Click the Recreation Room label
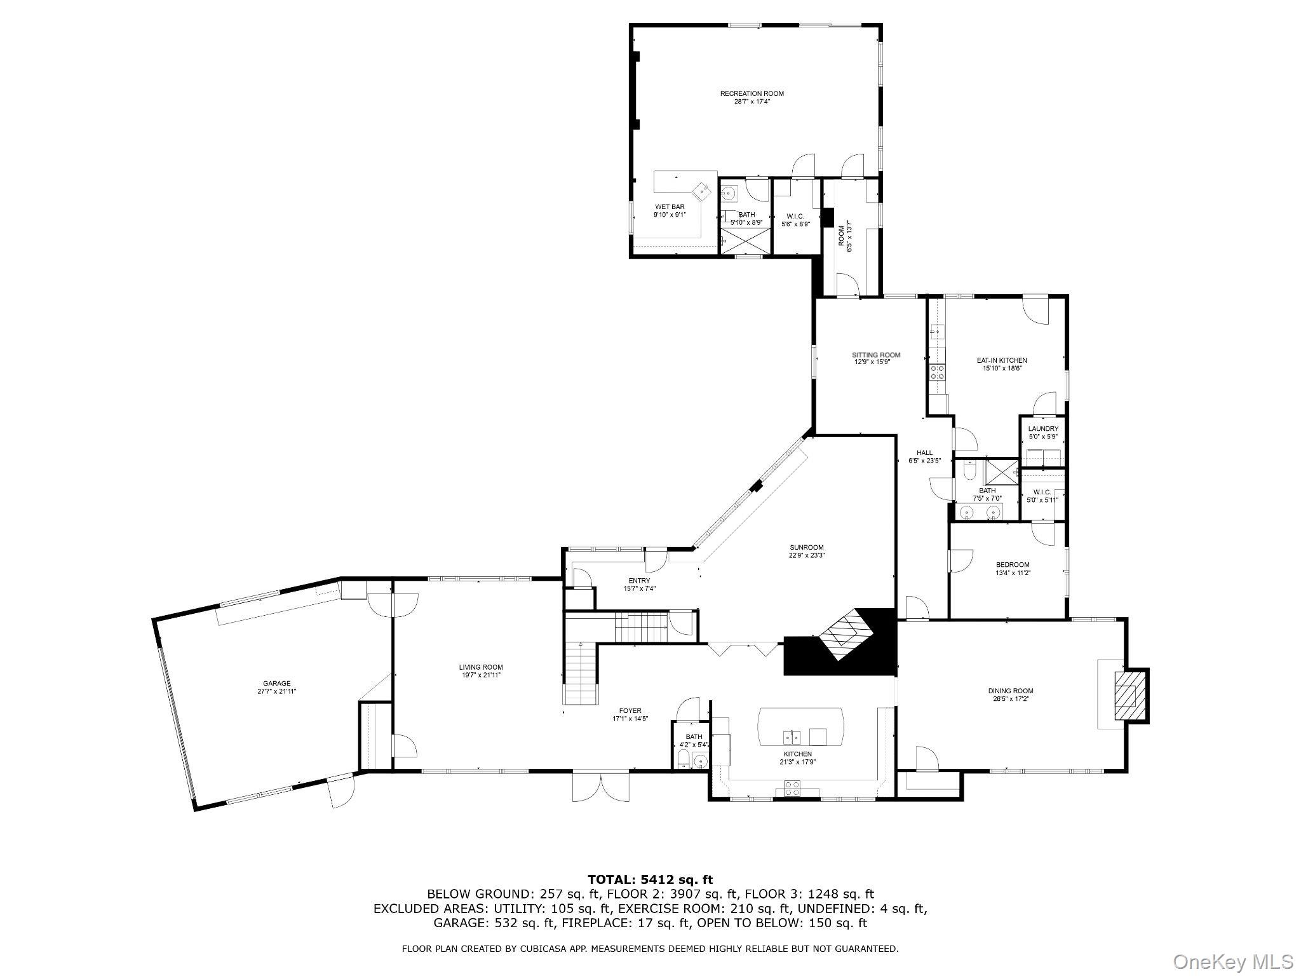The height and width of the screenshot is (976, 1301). pyautogui.click(x=752, y=93)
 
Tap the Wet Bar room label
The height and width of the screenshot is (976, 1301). pyautogui.click(x=670, y=207)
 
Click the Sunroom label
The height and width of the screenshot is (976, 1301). pyautogui.click(x=807, y=547)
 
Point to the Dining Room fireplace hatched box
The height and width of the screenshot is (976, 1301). pyautogui.click(x=1128, y=695)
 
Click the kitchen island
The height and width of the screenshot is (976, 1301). pyautogui.click(x=802, y=727)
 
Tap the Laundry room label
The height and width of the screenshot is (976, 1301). pyautogui.click(x=1043, y=429)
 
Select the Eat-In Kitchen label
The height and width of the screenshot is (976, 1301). pyautogui.click(x=1002, y=360)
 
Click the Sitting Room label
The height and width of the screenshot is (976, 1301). pyautogui.click(x=876, y=355)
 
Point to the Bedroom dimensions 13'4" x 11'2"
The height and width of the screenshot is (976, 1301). pyautogui.click(x=1013, y=573)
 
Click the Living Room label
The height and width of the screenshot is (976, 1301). pyautogui.click(x=481, y=667)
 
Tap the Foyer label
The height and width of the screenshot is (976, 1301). pyautogui.click(x=630, y=710)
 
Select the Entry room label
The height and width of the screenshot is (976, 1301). pyautogui.click(x=639, y=581)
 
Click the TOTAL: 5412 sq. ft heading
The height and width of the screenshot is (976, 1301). pyautogui.click(x=650, y=880)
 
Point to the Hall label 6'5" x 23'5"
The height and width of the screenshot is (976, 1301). pyautogui.click(x=924, y=461)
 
